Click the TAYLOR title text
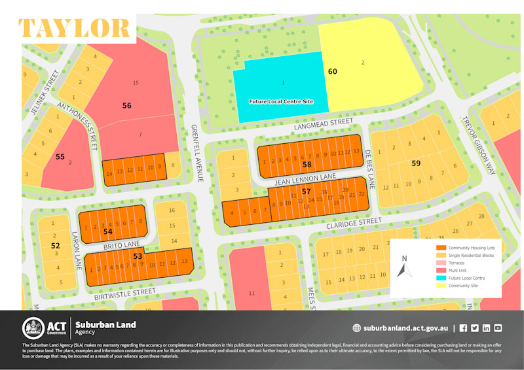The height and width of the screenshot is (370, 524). pos(74,28)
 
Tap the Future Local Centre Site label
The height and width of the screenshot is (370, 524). pos(281,102)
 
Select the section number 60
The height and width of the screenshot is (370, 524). pos(332,71)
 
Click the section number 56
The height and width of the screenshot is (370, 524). pos(126,105)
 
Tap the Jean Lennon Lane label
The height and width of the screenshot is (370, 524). pos(306,178)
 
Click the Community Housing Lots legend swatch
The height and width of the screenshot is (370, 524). pos(441,247)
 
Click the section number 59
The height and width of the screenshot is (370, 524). pos(416,163)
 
